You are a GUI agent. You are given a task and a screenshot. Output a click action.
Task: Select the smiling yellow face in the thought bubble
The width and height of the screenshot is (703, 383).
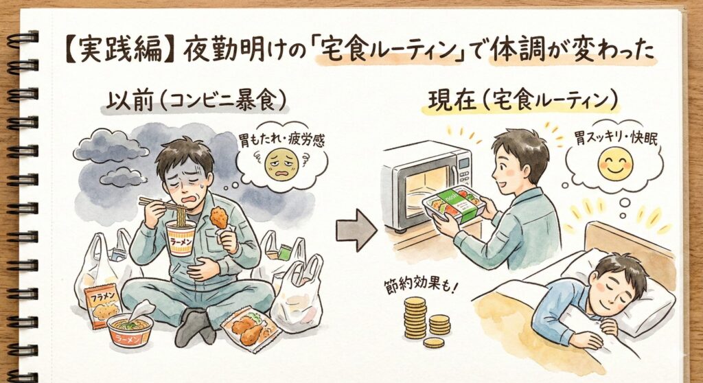click(x=615, y=163)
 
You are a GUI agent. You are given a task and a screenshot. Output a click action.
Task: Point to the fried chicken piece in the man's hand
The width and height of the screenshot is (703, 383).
click(x=219, y=218)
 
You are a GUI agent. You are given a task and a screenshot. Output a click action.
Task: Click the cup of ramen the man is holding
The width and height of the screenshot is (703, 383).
click(x=181, y=237)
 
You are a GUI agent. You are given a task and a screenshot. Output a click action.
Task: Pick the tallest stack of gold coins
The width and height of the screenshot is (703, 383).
click(x=415, y=318)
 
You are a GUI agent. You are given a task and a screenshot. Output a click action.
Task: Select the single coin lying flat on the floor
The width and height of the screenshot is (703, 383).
click(x=434, y=343)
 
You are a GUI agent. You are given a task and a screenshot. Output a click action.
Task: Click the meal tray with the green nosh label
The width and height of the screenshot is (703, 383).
click(x=453, y=204)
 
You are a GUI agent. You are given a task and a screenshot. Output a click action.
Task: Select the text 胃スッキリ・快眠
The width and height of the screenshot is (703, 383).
click(x=616, y=139)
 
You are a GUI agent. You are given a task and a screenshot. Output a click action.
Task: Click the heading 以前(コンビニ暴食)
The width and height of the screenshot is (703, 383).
click(x=196, y=100)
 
